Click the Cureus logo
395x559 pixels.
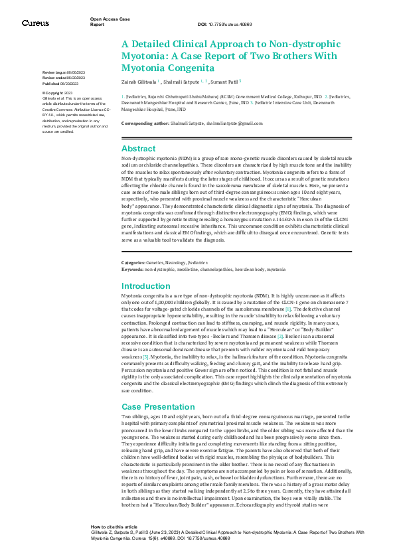tap(35, 23)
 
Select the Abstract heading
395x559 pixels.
tap(139, 149)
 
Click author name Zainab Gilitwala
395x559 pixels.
tap(141, 81)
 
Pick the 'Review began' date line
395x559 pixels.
tap(64, 71)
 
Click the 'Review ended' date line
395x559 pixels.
tap(64, 78)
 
